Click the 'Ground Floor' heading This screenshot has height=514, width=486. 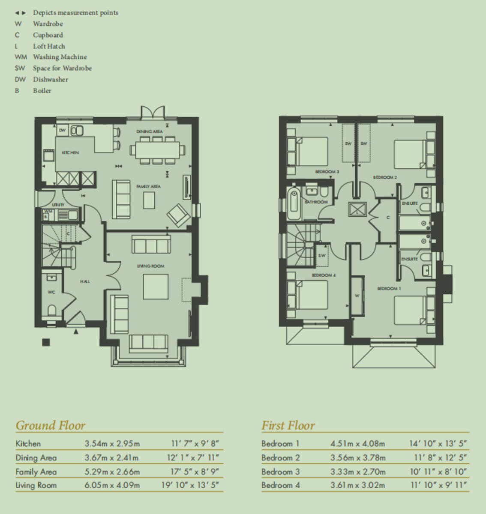tap(50, 425)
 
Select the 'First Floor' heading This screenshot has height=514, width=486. tap(288, 425)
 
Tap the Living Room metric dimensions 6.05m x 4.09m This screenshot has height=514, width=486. tap(112, 485)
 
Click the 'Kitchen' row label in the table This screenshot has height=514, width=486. tap(28, 444)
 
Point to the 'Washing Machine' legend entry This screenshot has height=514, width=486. tap(60, 57)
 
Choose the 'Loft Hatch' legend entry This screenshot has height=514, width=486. tap(49, 46)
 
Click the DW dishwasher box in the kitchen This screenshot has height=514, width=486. tap(62, 130)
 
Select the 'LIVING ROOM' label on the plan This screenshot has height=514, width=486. tap(150, 266)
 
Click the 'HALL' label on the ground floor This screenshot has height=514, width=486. tap(85, 281)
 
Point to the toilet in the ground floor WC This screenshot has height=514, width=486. tap(51, 310)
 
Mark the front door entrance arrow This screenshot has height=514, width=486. tap(76, 331)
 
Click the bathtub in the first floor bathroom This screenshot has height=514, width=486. tap(294, 203)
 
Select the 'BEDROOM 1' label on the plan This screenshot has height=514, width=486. tap(389, 289)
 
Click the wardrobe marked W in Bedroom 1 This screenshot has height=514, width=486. tap(357, 296)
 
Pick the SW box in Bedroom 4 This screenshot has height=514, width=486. tap(322, 256)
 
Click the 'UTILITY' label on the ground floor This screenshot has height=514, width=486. tap(58, 205)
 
